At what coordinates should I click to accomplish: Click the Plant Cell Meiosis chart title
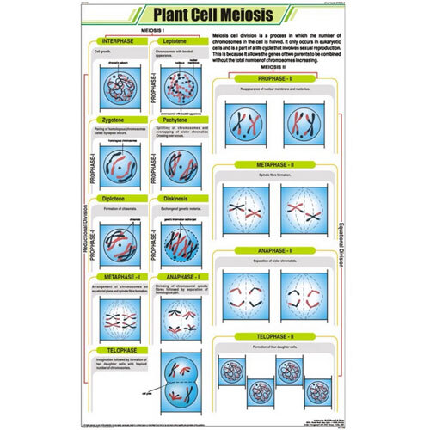coord(215,16)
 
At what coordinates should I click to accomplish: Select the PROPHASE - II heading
coord(270,79)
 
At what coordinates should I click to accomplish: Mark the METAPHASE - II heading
coord(270,164)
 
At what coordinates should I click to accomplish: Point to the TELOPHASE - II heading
coord(270,336)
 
